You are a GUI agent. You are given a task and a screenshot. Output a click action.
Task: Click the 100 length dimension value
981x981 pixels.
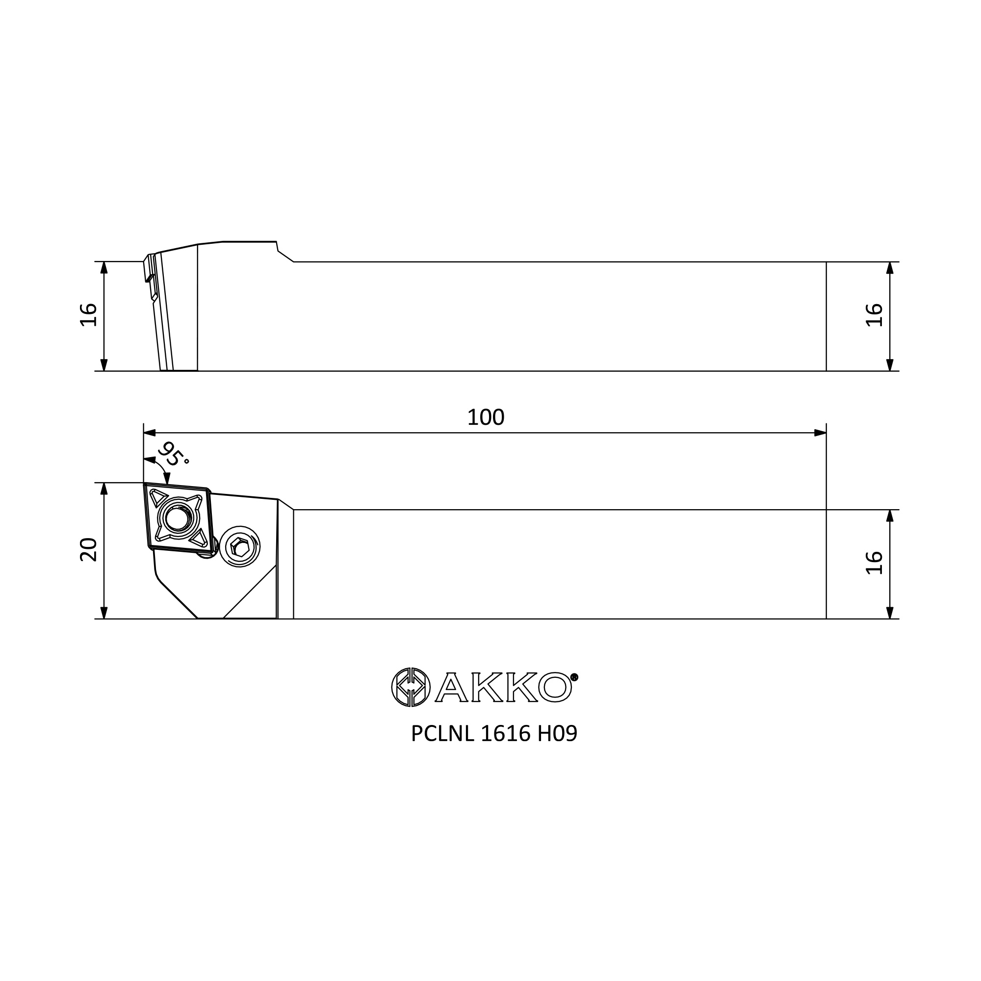(486, 417)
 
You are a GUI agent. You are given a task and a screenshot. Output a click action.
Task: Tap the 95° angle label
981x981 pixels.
(173, 455)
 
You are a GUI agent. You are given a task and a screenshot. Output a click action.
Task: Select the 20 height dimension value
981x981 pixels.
(89, 549)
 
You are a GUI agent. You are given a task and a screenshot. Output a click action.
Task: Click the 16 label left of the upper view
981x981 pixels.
(89, 315)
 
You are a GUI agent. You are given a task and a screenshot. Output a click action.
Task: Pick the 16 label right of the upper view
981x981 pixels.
(875, 315)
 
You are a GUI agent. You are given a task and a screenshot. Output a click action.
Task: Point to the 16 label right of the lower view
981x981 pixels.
(875, 563)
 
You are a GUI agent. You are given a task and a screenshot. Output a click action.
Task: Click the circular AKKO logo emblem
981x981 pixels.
(411, 687)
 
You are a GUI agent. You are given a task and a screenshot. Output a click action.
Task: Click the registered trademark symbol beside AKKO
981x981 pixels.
(574, 677)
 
